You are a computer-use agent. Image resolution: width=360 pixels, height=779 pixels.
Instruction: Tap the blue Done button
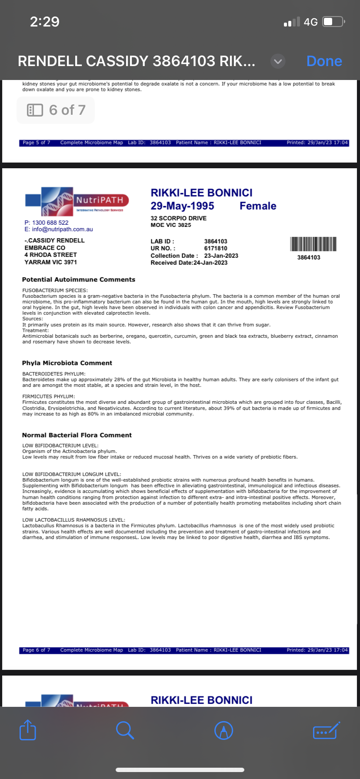point(324,61)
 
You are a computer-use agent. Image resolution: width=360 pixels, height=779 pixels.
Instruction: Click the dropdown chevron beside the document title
point(278,61)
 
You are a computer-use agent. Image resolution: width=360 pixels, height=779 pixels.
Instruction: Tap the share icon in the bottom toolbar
point(28,730)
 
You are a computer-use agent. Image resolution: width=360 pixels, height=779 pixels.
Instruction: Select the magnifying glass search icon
point(125,730)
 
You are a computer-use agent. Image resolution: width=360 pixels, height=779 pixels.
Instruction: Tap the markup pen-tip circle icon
point(224,730)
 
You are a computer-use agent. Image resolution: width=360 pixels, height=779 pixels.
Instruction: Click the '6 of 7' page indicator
point(56,110)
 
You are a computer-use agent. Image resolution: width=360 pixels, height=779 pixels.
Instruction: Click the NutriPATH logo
point(77,201)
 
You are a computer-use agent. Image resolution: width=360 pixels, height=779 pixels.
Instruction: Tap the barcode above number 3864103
point(313,244)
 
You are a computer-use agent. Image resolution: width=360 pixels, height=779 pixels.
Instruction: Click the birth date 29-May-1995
point(182,206)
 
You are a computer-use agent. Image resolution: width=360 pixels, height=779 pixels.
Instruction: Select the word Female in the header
point(258,206)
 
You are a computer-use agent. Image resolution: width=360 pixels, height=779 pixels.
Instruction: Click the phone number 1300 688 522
point(50,223)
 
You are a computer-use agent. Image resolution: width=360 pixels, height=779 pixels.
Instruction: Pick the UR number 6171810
point(216,248)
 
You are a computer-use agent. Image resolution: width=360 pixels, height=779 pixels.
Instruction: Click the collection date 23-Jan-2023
point(221,256)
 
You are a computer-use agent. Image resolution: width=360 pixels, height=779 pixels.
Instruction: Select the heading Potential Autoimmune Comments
point(79,280)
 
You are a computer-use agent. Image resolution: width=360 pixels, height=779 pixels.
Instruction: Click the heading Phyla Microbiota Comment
point(67,363)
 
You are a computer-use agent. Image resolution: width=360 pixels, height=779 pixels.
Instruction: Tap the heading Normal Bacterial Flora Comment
point(77,435)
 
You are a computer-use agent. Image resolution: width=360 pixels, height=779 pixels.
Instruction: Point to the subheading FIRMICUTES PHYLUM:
point(49,396)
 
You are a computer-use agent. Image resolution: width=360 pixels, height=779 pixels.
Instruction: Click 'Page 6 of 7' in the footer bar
point(37,650)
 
